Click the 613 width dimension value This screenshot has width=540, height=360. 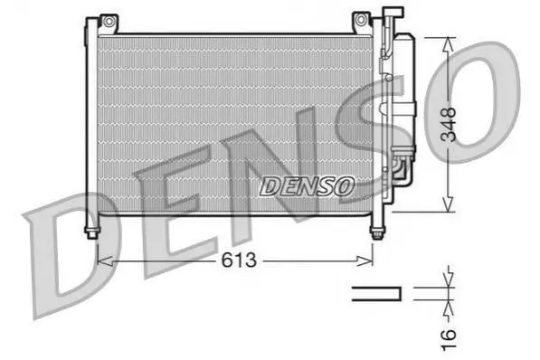click(239, 260)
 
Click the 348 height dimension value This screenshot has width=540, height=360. click(449, 124)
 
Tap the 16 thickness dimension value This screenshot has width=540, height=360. click(449, 339)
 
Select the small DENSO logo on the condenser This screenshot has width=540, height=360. click(307, 186)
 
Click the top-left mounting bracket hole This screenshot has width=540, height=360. click(109, 22)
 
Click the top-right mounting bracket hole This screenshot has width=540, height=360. click(360, 19)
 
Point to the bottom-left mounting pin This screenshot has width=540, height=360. click(92, 232)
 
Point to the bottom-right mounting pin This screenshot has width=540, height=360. click(377, 232)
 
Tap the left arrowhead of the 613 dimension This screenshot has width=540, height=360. click(105, 261)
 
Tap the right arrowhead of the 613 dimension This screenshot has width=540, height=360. click(365, 261)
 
